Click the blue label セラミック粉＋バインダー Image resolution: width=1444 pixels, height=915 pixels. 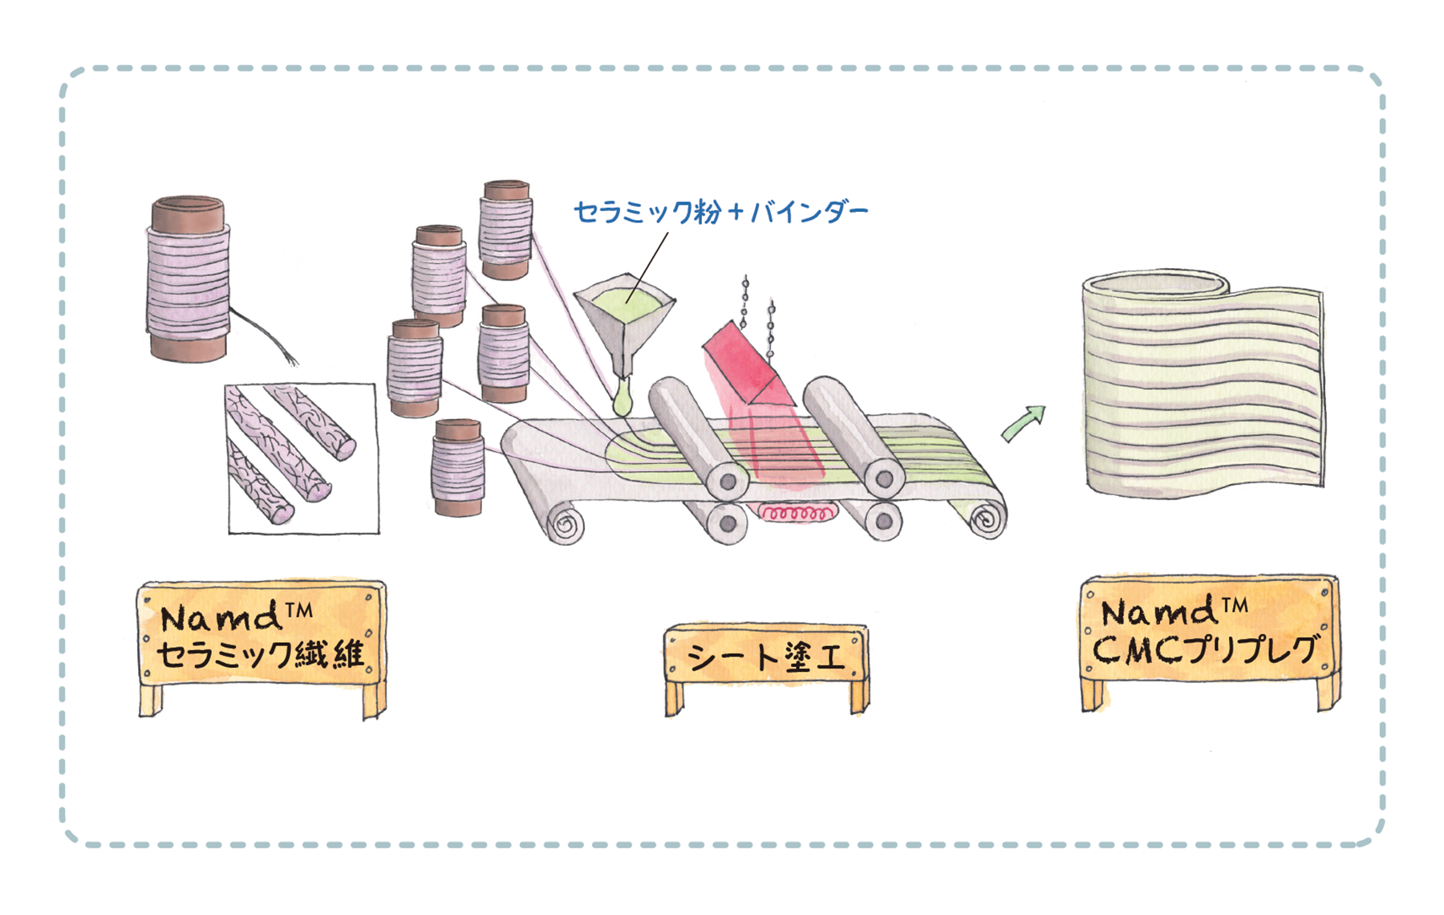tap(720, 212)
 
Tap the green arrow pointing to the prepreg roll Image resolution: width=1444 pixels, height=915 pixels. tap(1024, 423)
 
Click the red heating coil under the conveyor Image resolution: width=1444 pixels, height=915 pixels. tap(795, 512)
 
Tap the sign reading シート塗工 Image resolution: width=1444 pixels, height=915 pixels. tap(766, 657)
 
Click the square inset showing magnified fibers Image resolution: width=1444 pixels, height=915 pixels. tap(302, 458)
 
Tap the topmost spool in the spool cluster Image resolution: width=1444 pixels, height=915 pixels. tap(505, 229)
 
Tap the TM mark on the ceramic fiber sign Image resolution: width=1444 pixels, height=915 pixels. tap(298, 611)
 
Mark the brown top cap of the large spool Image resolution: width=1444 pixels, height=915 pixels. tap(188, 212)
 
